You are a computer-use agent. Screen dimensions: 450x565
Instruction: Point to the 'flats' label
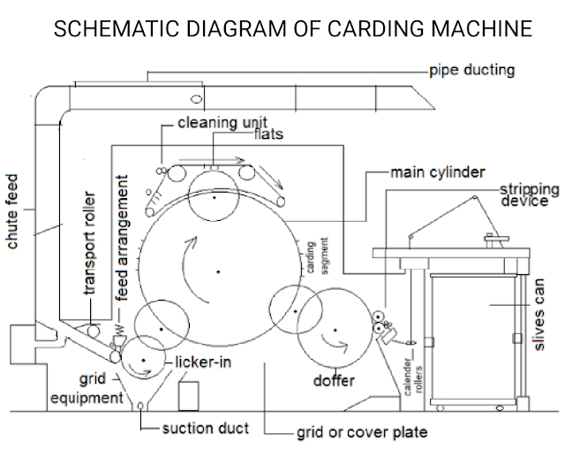click(268, 134)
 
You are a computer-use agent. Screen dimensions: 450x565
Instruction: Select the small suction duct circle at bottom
click(140, 407)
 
